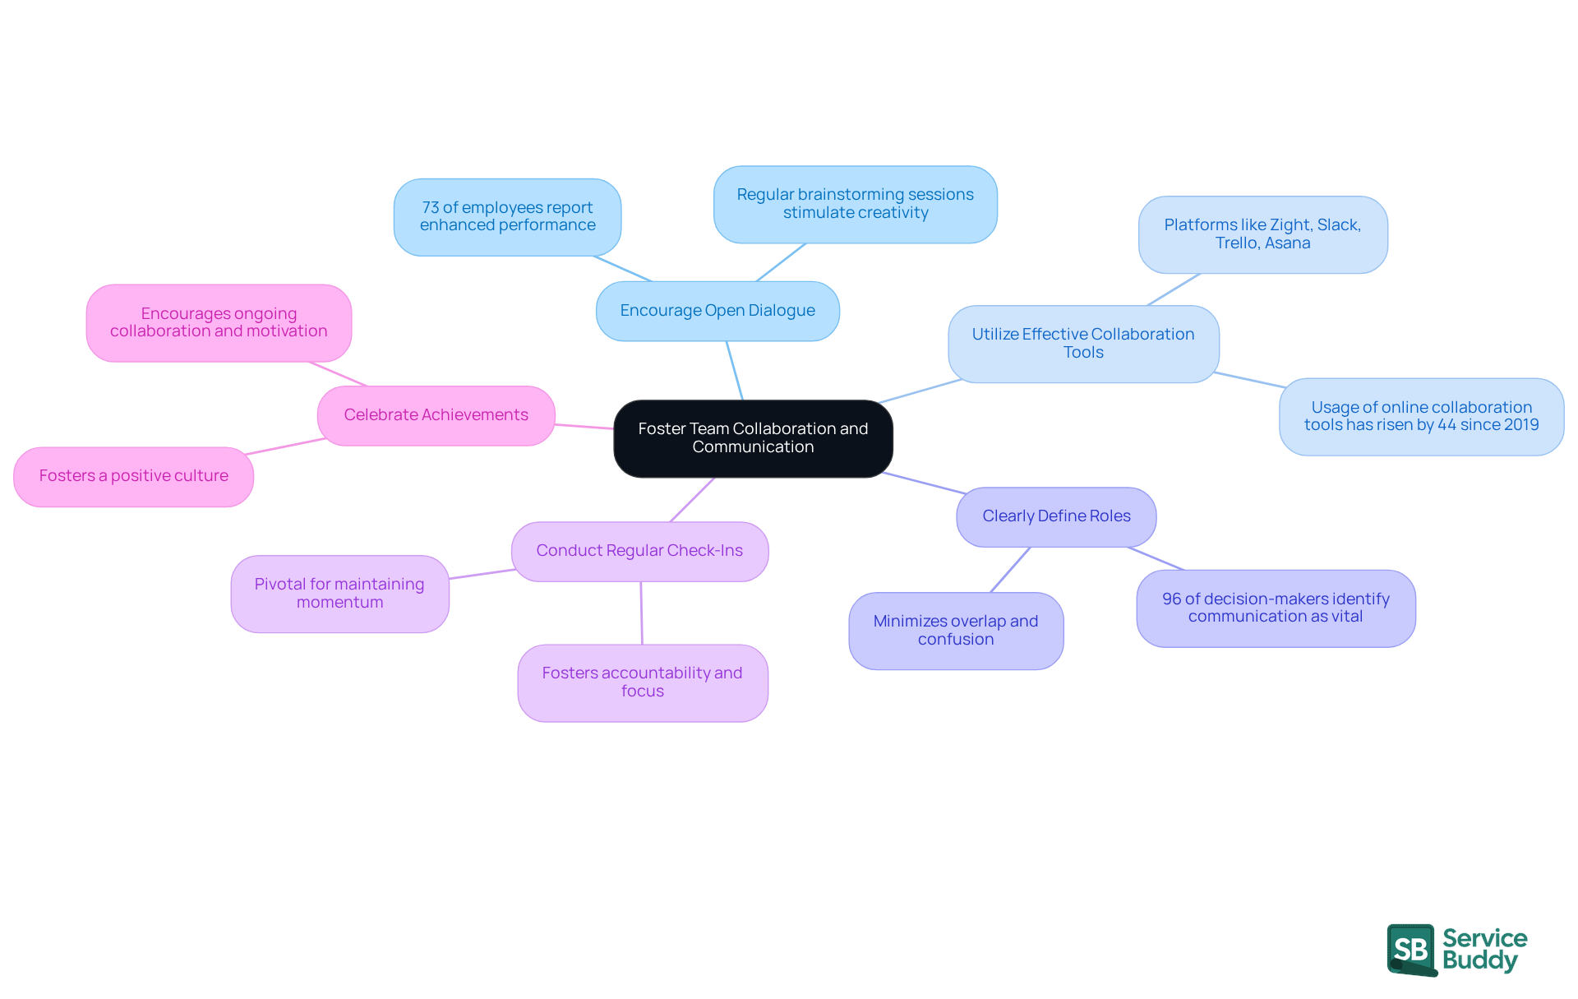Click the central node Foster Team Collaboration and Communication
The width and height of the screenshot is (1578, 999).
753,438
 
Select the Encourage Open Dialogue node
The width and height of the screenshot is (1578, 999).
717,311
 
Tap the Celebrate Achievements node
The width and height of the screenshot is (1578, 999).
436,415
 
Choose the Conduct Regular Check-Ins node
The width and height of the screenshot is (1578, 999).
639,551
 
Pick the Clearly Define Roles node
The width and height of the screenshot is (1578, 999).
1056,516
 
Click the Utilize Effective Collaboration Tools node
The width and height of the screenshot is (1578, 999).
1083,344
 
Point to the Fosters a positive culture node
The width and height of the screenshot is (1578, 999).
133,476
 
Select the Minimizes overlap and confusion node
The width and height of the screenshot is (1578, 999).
956,631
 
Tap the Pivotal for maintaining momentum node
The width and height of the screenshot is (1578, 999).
339,593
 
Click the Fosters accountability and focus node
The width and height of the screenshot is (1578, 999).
642,682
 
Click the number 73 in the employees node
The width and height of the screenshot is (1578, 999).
431,208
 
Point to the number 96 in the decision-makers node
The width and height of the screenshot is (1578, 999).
1171,599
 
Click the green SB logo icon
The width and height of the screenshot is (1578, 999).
1411,950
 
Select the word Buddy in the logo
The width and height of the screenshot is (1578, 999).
1479,960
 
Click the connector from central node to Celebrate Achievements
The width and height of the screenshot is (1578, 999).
584,426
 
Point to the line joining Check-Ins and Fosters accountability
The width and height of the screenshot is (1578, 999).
641,613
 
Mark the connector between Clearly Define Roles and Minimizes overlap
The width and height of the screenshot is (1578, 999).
1010,570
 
